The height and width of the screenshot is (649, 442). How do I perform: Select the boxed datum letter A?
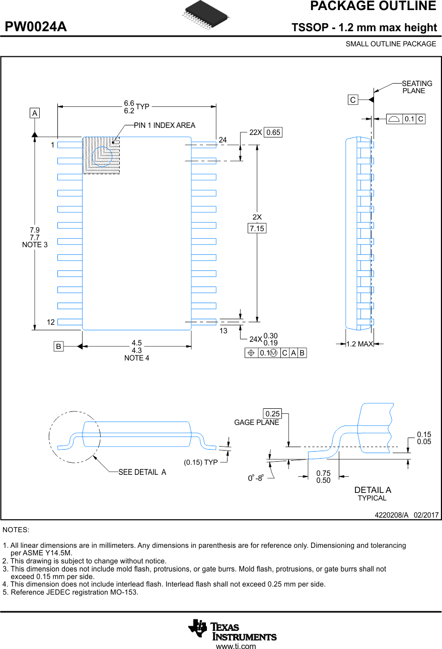pyautogui.click(x=35, y=113)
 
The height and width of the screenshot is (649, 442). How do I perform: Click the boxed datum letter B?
pyautogui.click(x=59, y=346)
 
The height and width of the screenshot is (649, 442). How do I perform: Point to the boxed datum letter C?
pyautogui.click(x=353, y=100)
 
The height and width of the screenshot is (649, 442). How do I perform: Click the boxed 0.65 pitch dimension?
pyautogui.click(x=273, y=132)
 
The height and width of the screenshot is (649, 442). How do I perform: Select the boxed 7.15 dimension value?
pyautogui.click(x=257, y=229)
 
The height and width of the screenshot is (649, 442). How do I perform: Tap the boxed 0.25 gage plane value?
pyautogui.click(x=272, y=414)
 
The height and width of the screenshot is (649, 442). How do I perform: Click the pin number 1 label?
pyautogui.click(x=52, y=145)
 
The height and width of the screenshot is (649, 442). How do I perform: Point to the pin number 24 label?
pyautogui.click(x=223, y=139)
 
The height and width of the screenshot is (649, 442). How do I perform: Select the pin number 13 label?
pyautogui.click(x=224, y=331)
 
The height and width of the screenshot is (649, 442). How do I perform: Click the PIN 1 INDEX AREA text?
pyautogui.click(x=164, y=125)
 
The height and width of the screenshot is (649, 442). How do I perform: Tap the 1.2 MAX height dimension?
pyautogui.click(x=359, y=344)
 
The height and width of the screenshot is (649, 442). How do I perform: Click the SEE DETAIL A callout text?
pyautogui.click(x=142, y=472)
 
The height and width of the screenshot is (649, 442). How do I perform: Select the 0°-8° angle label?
pyautogui.click(x=256, y=478)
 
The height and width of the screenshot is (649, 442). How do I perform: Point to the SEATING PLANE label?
pyautogui.click(x=416, y=87)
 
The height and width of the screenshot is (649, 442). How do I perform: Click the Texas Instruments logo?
pyautogui.click(x=233, y=630)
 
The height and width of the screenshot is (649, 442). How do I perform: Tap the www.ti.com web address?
pyautogui.click(x=236, y=646)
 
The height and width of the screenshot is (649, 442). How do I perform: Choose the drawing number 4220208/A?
pyautogui.click(x=391, y=515)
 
